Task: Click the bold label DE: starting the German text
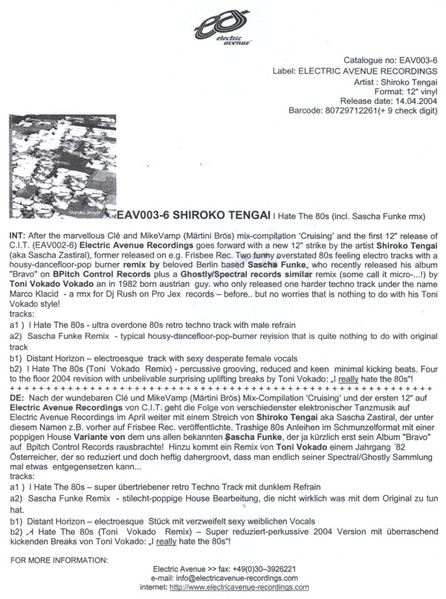click(17, 425)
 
